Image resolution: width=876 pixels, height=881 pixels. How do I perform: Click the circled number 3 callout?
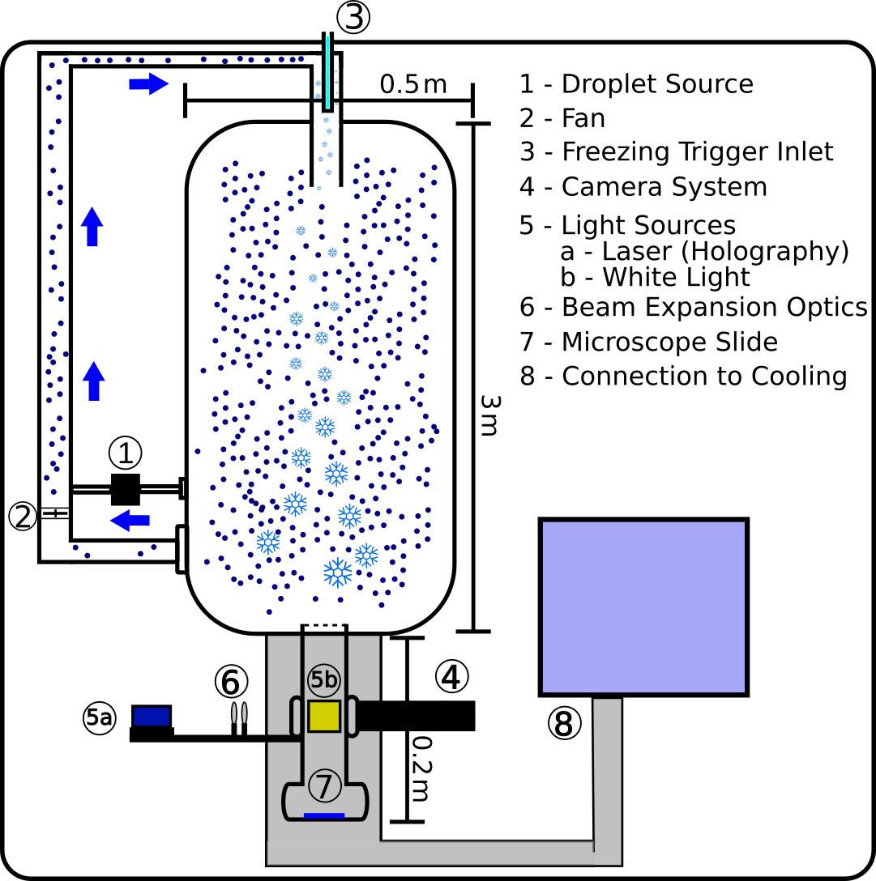click(353, 18)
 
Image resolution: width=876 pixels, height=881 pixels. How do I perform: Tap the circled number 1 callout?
click(125, 453)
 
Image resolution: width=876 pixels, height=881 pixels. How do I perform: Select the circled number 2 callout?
click(22, 515)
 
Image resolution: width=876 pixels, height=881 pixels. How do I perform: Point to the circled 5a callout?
click(99, 717)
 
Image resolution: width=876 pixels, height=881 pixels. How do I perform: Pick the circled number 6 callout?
click(230, 683)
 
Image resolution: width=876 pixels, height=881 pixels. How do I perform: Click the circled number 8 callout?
click(564, 724)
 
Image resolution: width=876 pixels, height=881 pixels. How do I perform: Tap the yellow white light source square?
click(323, 717)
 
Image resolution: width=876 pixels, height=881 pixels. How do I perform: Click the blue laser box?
click(152, 716)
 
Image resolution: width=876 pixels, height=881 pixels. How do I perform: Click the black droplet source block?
click(126, 488)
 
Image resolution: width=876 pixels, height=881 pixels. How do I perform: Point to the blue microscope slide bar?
click(324, 815)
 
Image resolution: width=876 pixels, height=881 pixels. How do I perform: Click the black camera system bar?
click(415, 716)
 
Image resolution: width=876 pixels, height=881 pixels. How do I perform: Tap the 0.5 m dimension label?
click(412, 83)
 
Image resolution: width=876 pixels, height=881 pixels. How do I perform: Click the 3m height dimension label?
click(486, 415)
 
